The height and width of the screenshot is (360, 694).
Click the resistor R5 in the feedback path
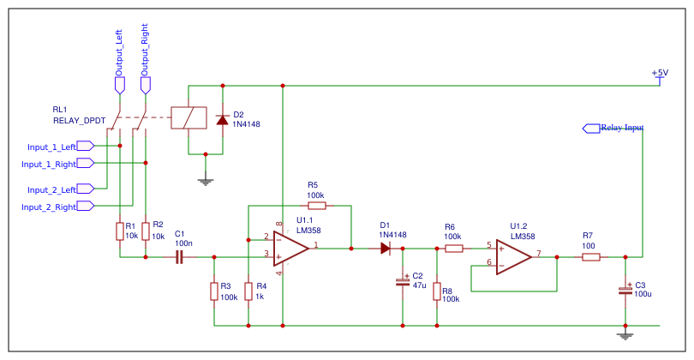click(x=316, y=206)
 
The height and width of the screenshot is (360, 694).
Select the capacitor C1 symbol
click(x=180, y=256)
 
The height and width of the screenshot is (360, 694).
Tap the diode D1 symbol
click(x=385, y=249)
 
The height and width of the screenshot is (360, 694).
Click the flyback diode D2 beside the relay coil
click(x=223, y=119)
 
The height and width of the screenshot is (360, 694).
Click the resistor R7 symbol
click(x=590, y=256)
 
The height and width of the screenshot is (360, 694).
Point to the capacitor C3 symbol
click(x=625, y=291)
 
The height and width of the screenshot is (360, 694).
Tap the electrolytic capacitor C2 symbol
click(x=403, y=281)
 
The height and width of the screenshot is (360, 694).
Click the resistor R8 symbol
click(x=437, y=291)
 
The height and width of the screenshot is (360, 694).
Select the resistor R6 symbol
click(x=453, y=249)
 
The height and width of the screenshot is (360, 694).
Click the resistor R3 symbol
click(x=213, y=291)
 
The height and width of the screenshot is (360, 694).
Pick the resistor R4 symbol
click(x=248, y=291)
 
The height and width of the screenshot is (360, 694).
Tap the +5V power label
click(x=660, y=74)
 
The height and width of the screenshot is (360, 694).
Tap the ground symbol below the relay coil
click(x=205, y=180)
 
